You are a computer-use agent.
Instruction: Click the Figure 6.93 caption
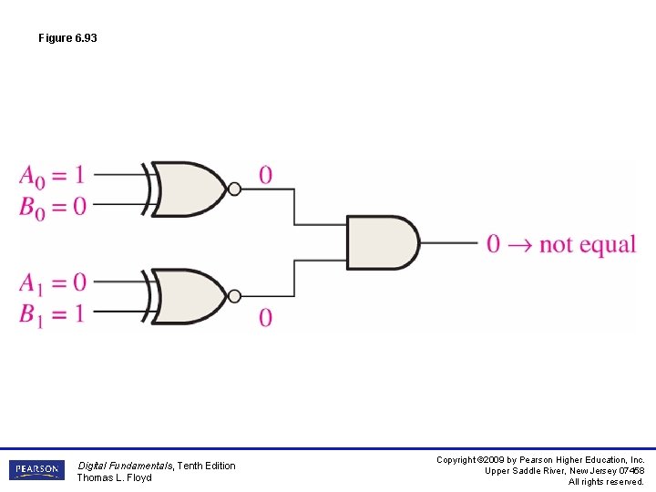coord(67,38)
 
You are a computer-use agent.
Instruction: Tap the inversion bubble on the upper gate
coord(234,190)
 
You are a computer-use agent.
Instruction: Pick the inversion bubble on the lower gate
coord(234,296)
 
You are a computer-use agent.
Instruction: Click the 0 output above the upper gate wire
coord(265,175)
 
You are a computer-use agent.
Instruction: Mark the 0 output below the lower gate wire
coord(265,318)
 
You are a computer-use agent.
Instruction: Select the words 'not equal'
coord(587,244)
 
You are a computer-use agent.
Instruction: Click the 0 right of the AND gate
coord(493,244)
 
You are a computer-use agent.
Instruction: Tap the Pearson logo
coord(36,470)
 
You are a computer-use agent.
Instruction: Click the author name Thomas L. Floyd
coord(114,477)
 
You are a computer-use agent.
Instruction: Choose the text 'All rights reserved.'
coord(606,482)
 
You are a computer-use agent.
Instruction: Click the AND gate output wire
coord(448,243)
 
